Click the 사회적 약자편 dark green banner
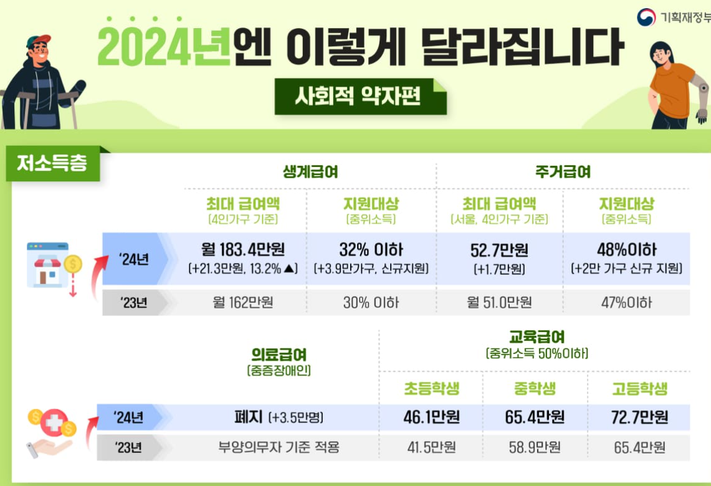point(360,96)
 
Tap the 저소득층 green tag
point(52,164)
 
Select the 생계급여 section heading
point(310,172)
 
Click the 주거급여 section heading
point(563,172)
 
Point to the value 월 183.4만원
point(243,250)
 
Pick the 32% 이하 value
point(371,250)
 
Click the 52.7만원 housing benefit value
point(499,250)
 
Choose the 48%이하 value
point(626,250)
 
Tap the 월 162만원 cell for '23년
point(243,303)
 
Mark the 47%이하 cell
point(626,303)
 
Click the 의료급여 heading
point(279,355)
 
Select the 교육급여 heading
point(537,338)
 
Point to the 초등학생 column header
point(431,389)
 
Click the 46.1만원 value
point(431,417)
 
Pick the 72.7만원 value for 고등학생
point(640,417)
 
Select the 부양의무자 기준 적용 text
point(279,447)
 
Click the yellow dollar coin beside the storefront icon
point(73,264)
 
